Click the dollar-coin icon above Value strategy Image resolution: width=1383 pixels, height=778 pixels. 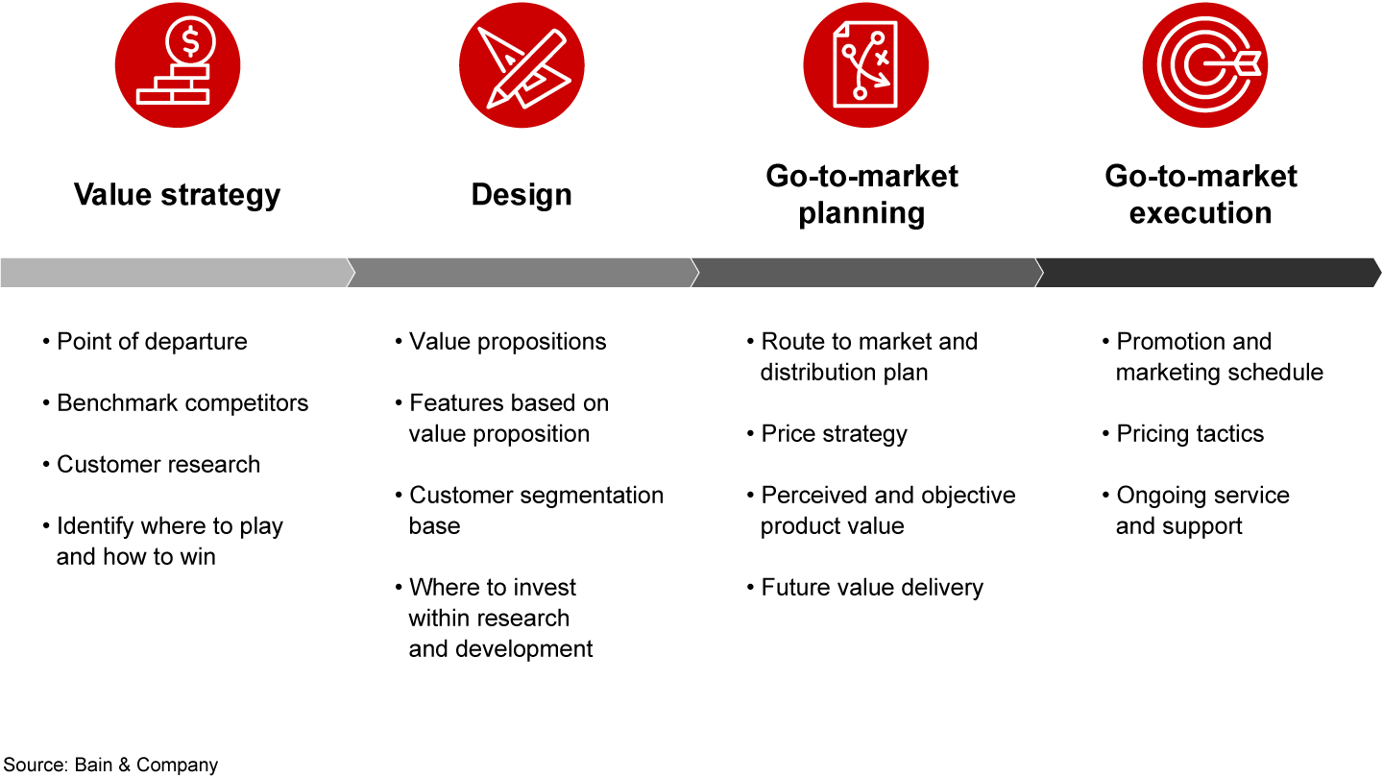click(178, 64)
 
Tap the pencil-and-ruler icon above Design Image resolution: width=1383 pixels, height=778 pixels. click(522, 64)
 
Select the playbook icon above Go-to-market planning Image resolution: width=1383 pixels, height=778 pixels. click(865, 64)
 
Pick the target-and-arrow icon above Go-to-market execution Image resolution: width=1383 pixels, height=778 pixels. click(1204, 64)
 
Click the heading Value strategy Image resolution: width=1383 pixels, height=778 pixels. click(178, 195)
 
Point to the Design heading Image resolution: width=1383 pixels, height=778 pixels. click(522, 195)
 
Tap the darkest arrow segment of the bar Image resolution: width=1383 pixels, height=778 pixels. click(1206, 273)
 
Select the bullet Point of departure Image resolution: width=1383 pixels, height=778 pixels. click(152, 342)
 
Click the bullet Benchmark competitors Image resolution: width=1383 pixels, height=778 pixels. click(182, 403)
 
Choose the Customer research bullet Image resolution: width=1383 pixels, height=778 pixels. click(158, 465)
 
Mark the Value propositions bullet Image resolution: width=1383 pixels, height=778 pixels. click(507, 342)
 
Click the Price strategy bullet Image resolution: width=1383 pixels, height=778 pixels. click(834, 434)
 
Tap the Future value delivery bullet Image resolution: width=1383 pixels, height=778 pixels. click(872, 588)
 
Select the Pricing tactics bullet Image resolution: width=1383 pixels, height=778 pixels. click(1190, 434)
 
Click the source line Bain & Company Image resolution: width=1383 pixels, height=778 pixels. click(109, 765)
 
